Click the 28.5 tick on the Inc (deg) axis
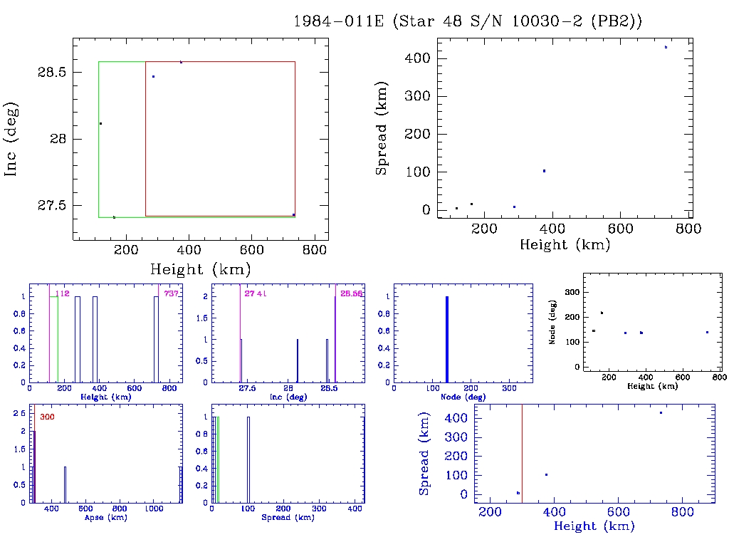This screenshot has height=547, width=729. (53, 73)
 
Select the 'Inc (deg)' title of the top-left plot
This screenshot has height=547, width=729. (12, 139)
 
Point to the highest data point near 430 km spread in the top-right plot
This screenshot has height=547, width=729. (666, 47)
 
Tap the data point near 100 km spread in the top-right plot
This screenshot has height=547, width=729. (544, 171)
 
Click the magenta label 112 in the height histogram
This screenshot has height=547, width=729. (62, 293)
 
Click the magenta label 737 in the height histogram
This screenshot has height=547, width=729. (171, 293)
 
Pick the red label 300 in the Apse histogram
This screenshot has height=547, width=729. (47, 417)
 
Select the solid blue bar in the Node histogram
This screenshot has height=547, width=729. (447, 339)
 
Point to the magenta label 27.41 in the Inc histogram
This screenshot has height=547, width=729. (255, 293)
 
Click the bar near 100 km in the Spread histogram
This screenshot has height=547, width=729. (248, 459)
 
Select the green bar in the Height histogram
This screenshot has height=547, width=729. (54, 339)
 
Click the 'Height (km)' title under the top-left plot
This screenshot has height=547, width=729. (200, 269)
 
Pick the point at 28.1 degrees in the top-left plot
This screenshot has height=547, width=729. (100, 124)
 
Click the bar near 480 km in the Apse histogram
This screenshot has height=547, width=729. (65, 484)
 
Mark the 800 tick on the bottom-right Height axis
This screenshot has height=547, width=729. (683, 512)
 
